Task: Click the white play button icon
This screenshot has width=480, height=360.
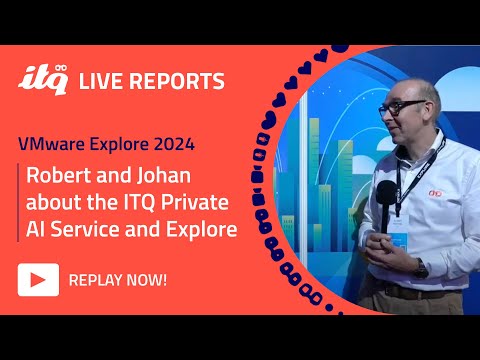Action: [x=36, y=279]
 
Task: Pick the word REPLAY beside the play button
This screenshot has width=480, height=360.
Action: [x=97, y=279]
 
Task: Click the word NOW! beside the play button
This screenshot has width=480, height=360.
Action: [x=147, y=279]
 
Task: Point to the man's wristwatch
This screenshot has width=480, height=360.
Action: [x=422, y=267]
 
